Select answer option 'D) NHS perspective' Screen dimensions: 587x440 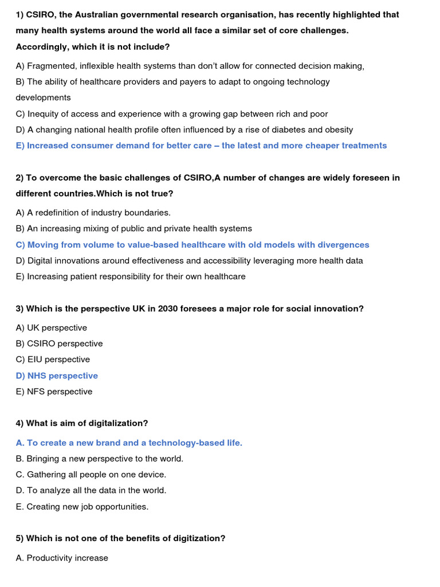(57, 375)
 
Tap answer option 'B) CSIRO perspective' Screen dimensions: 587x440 (59, 343)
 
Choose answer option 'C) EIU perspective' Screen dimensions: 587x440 (53, 359)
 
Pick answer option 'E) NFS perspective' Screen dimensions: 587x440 (54, 392)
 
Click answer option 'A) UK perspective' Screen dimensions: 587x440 (52, 327)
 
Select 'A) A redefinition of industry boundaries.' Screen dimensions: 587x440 (93, 212)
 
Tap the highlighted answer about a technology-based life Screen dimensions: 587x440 (129, 443)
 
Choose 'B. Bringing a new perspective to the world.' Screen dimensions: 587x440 (100, 459)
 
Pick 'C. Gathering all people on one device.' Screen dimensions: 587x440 (91, 475)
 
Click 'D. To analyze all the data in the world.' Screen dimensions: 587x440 (91, 491)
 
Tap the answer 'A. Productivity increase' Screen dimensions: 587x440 (62, 558)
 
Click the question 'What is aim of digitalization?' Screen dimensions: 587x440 (82, 423)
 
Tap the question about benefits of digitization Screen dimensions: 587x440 (120, 538)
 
